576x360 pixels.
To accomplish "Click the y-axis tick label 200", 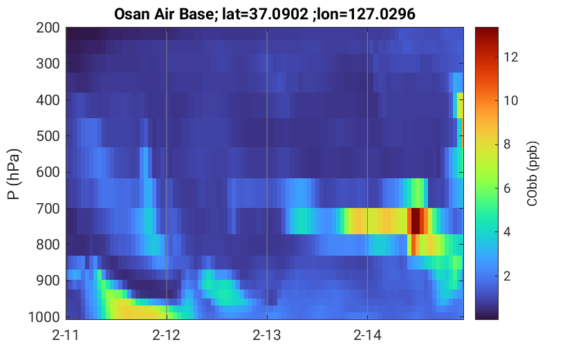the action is coord(48,28).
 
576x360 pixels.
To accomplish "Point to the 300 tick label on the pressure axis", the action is coord(48,64).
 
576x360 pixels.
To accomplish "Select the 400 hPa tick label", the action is coord(48,100).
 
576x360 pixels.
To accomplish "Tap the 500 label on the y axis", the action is coord(48,136).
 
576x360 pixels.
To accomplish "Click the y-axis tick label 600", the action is coord(48,172).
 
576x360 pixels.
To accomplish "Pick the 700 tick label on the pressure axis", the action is coord(48,209).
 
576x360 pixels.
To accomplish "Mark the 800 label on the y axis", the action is coord(48,245).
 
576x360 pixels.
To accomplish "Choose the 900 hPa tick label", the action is coord(48,281).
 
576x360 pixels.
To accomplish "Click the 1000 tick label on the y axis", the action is coord(44,316).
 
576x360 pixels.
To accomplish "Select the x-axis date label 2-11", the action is coord(66,335).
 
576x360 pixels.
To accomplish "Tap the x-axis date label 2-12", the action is coord(167,335).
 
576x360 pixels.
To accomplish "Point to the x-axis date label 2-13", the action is coord(267,335).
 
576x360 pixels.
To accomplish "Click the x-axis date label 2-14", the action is coord(367,335).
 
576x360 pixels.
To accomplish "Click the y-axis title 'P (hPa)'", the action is coord(14,174).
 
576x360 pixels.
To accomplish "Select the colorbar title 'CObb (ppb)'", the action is coord(532,173).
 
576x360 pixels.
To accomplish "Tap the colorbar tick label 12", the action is coord(510,57).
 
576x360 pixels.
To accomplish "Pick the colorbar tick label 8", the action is coord(507,144).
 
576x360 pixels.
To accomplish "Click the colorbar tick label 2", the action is coord(507,276).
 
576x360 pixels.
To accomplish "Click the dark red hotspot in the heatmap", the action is coord(415,221).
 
